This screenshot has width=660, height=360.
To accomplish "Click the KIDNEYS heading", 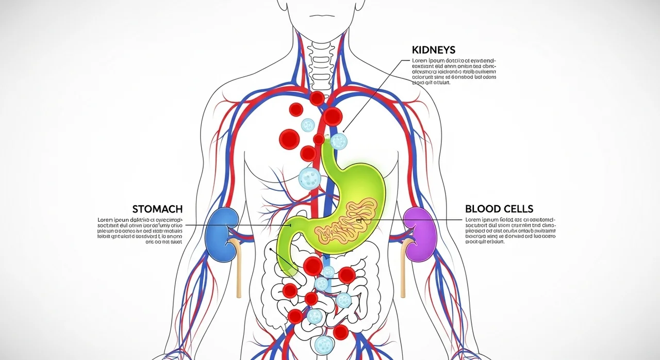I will (434, 50).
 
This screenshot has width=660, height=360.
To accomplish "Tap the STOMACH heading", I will (157, 209).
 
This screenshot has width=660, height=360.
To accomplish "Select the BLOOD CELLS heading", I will (499, 209).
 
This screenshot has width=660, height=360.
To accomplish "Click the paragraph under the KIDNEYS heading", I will (454, 71).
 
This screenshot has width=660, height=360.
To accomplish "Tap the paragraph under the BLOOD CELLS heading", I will (510, 231).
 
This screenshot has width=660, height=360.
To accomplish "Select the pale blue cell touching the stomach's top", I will (338, 141).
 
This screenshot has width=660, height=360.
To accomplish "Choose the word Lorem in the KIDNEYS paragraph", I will (420, 60).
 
